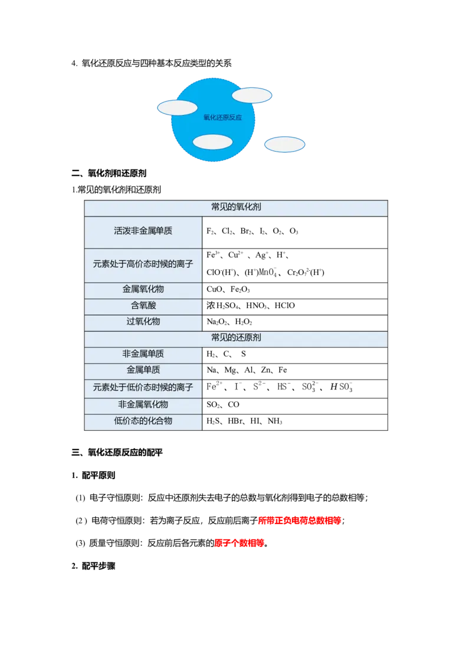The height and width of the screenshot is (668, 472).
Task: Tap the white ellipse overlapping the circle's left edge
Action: pyautogui.click(x=177, y=108)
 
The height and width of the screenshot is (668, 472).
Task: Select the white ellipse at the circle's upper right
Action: pyautogui.click(x=252, y=95)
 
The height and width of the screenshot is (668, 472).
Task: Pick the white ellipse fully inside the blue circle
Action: pyautogui.click(x=212, y=142)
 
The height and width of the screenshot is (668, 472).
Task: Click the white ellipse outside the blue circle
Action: pyautogui.click(x=284, y=145)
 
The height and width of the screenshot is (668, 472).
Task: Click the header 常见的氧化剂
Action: pyautogui.click(x=236, y=208)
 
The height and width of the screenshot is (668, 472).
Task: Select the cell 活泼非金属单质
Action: pyautogui.click(x=143, y=231)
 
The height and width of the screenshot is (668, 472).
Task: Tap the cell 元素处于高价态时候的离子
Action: pyautogui.click(x=143, y=264)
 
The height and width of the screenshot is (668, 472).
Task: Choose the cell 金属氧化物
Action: pyautogui.click(x=143, y=290)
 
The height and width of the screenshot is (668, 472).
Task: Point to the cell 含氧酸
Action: pyautogui.click(x=143, y=306)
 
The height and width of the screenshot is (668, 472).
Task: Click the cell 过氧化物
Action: pyautogui.click(x=143, y=322)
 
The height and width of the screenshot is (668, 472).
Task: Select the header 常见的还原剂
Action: pyautogui.click(x=236, y=338)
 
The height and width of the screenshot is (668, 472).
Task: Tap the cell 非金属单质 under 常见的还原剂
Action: pyautogui.click(x=143, y=355)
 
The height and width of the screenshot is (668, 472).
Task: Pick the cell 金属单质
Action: pyautogui.click(x=143, y=371)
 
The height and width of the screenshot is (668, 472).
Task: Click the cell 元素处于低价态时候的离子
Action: pyautogui.click(x=143, y=388)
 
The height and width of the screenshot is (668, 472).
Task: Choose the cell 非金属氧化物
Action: pyautogui.click(x=143, y=405)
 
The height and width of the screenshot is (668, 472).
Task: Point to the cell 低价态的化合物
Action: pyautogui.click(x=143, y=421)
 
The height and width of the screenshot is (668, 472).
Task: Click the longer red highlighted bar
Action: pyautogui.click(x=299, y=520)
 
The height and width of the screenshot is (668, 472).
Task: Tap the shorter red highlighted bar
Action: pyautogui.click(x=239, y=543)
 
